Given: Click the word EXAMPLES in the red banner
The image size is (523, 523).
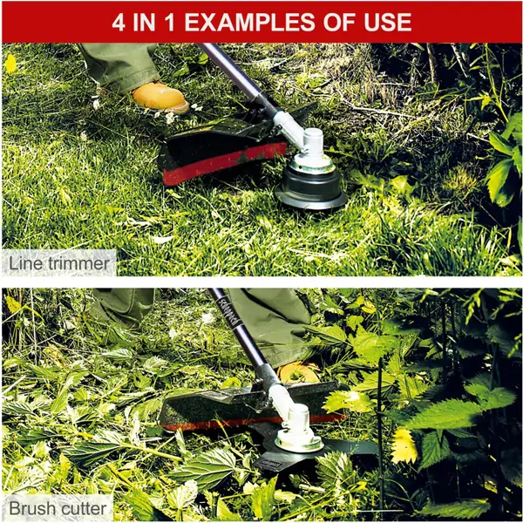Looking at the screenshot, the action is (249, 22).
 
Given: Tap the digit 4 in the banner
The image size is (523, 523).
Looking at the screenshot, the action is (119, 22).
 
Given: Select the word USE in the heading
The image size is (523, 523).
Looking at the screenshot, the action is (388, 22).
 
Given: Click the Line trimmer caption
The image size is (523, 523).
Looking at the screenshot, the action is (58, 263).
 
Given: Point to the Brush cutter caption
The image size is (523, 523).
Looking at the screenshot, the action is (58, 508).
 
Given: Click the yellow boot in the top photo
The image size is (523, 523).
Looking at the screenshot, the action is (160, 97).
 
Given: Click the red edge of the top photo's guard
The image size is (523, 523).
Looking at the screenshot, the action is (223, 162).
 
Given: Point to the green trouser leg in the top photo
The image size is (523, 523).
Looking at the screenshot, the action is (120, 67).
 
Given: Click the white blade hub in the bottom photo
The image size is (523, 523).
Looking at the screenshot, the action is (298, 430).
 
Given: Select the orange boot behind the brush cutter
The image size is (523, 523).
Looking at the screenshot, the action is (298, 372).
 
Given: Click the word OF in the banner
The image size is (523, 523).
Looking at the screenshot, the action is (339, 22).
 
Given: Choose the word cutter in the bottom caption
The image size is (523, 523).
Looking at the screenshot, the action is (83, 508).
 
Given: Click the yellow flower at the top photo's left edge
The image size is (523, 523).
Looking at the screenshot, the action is (10, 64).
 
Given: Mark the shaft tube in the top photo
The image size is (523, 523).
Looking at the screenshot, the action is (234, 71).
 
